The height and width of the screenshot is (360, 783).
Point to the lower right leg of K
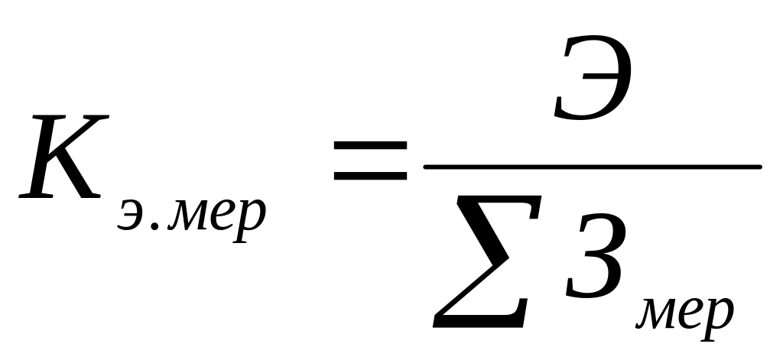84,183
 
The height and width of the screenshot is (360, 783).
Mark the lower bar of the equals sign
370,179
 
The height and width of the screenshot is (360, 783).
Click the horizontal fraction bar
593,166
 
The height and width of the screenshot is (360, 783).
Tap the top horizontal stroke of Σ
489,200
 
